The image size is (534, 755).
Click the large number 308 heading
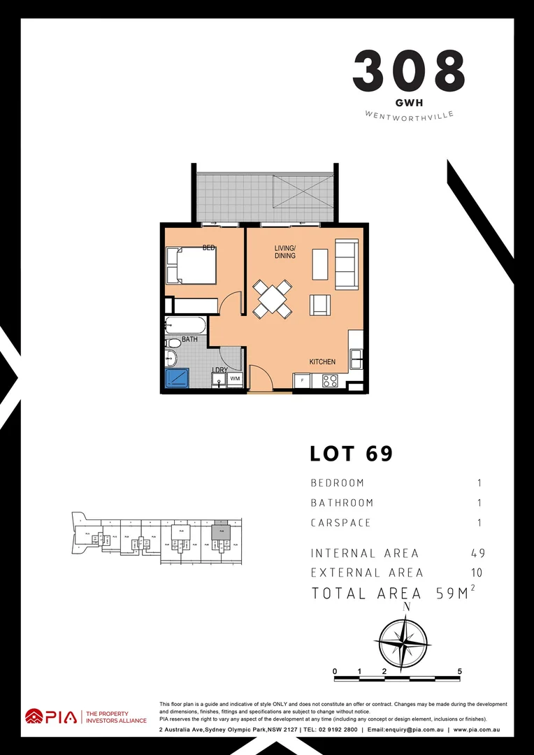(x=409, y=70)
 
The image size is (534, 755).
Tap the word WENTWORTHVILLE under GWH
(x=409, y=114)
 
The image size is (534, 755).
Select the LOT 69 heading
(x=352, y=454)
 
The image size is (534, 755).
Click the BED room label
(x=208, y=247)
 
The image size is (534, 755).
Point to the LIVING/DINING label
(x=284, y=252)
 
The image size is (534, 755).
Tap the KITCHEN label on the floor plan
(x=323, y=362)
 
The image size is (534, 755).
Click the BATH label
(x=189, y=340)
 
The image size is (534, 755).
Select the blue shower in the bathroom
(x=177, y=378)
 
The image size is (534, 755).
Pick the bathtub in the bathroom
(x=186, y=325)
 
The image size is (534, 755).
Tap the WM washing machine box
(x=235, y=379)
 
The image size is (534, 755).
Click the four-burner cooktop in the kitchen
(x=329, y=381)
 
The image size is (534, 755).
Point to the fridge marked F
(x=302, y=381)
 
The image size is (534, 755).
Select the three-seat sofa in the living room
(x=347, y=264)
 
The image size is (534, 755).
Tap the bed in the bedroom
(x=192, y=266)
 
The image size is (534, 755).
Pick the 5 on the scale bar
(x=459, y=671)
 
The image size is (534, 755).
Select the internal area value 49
(x=477, y=553)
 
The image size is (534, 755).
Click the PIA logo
(x=50, y=717)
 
